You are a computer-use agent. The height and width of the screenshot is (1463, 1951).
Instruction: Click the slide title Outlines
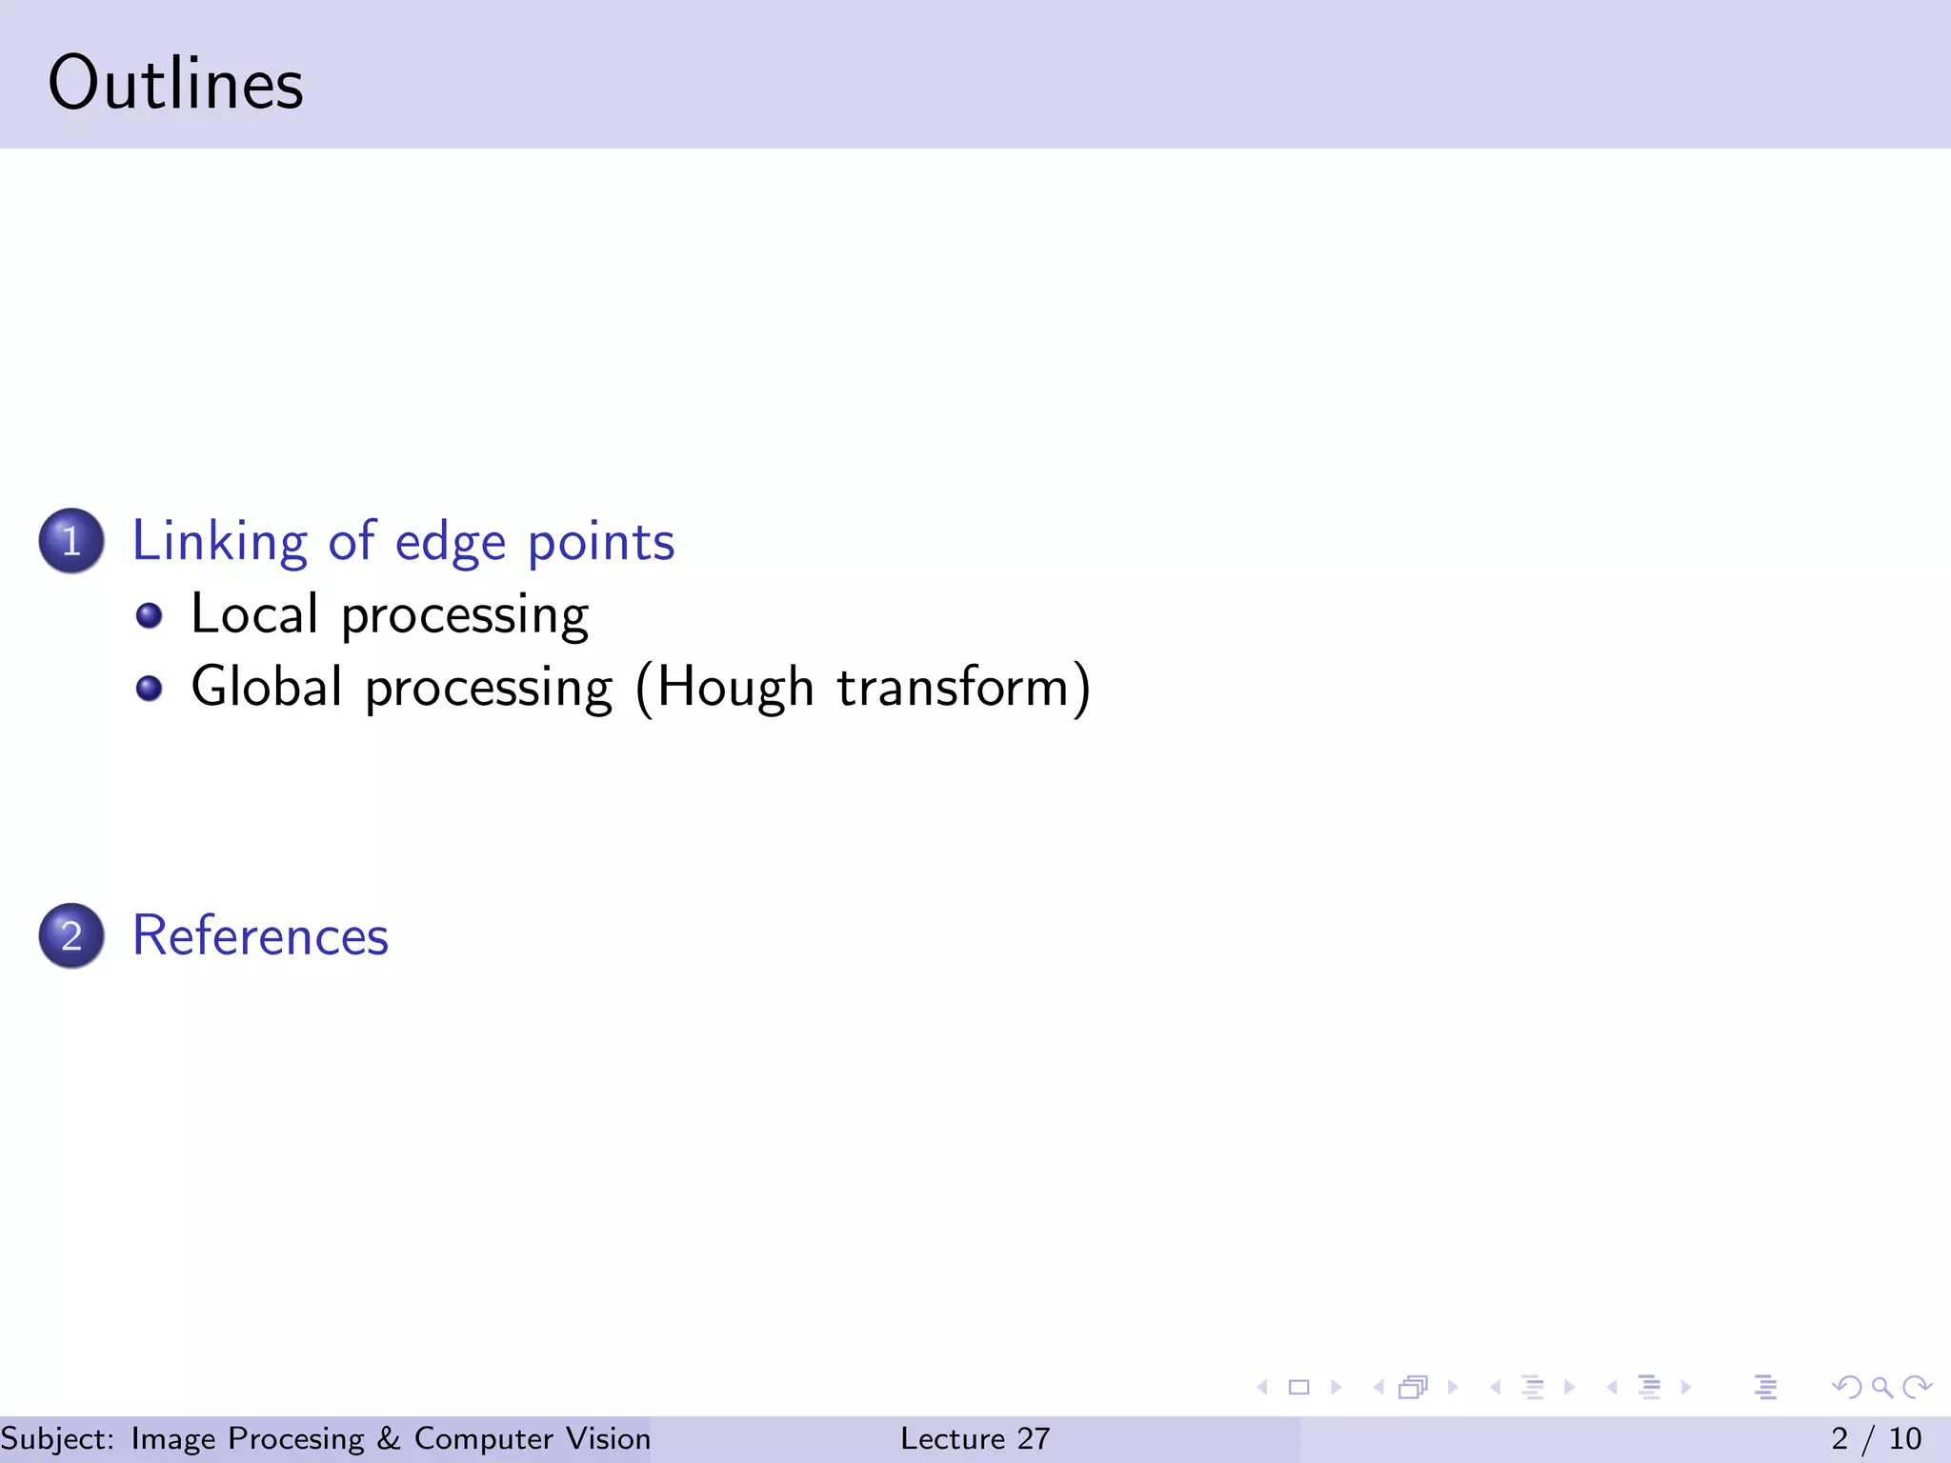(x=175, y=84)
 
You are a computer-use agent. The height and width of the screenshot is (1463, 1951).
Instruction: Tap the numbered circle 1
(x=71, y=541)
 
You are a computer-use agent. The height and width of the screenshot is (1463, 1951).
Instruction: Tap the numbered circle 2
(x=71, y=935)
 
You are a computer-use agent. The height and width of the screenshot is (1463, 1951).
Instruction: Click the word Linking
(x=219, y=543)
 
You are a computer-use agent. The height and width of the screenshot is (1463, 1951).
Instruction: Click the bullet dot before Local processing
(x=149, y=615)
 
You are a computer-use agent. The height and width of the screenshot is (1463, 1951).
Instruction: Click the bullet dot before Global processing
(x=149, y=688)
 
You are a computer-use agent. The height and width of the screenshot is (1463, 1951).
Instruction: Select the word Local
(x=253, y=613)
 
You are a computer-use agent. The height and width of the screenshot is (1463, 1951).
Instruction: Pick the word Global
(x=267, y=687)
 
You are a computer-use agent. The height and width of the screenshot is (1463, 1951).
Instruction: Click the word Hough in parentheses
(x=735, y=688)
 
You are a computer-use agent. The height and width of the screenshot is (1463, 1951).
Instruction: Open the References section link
(x=260, y=935)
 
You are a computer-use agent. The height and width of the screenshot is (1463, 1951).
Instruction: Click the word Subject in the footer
(x=57, y=1438)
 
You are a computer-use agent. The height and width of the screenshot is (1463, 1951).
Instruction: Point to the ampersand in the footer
(x=389, y=1438)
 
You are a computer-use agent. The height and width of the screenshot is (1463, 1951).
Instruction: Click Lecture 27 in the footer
(x=975, y=1438)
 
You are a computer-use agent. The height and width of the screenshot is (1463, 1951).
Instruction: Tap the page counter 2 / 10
(x=1876, y=1438)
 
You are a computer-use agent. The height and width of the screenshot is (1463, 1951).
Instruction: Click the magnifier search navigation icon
(x=1881, y=1387)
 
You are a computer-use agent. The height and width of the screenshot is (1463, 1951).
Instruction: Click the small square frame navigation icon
(x=1298, y=1387)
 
